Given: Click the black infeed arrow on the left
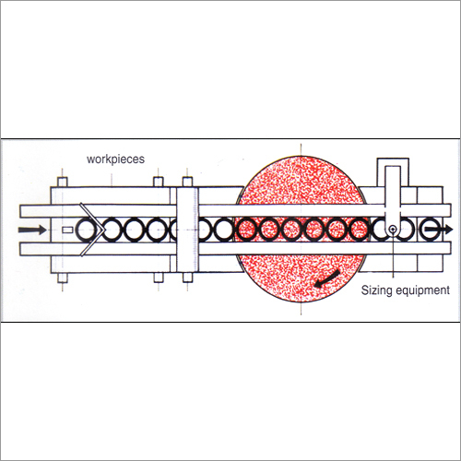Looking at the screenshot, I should pyautogui.click(x=30, y=228).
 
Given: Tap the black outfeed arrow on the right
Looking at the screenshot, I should pyautogui.click(x=441, y=228).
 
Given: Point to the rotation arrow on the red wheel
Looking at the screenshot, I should pyautogui.click(x=324, y=279).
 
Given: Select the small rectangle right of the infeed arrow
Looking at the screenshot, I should pyautogui.click(x=66, y=228).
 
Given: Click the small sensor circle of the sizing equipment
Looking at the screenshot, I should pyautogui.click(x=392, y=228).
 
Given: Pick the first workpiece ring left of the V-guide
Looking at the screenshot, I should pyautogui.click(x=89, y=228).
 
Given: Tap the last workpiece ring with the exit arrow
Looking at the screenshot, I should pyautogui.click(x=429, y=228).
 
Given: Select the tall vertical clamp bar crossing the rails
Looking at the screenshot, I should pyautogui.click(x=188, y=230).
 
